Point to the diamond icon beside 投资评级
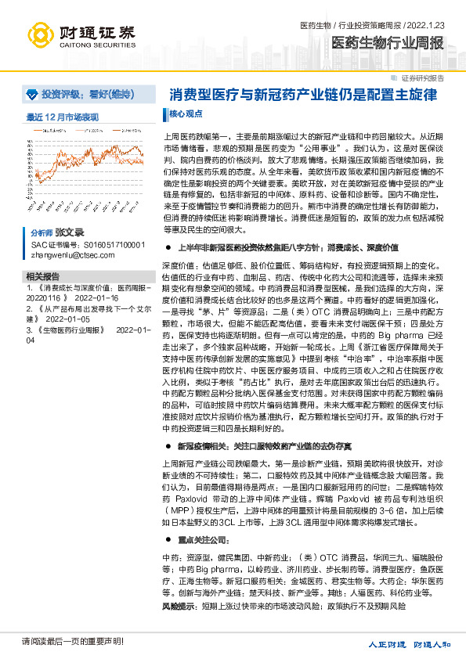point(31,94)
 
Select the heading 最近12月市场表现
point(63,116)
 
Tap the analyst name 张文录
point(69,233)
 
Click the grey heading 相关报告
point(42,276)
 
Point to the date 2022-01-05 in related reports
point(68,319)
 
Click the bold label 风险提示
point(175,606)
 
